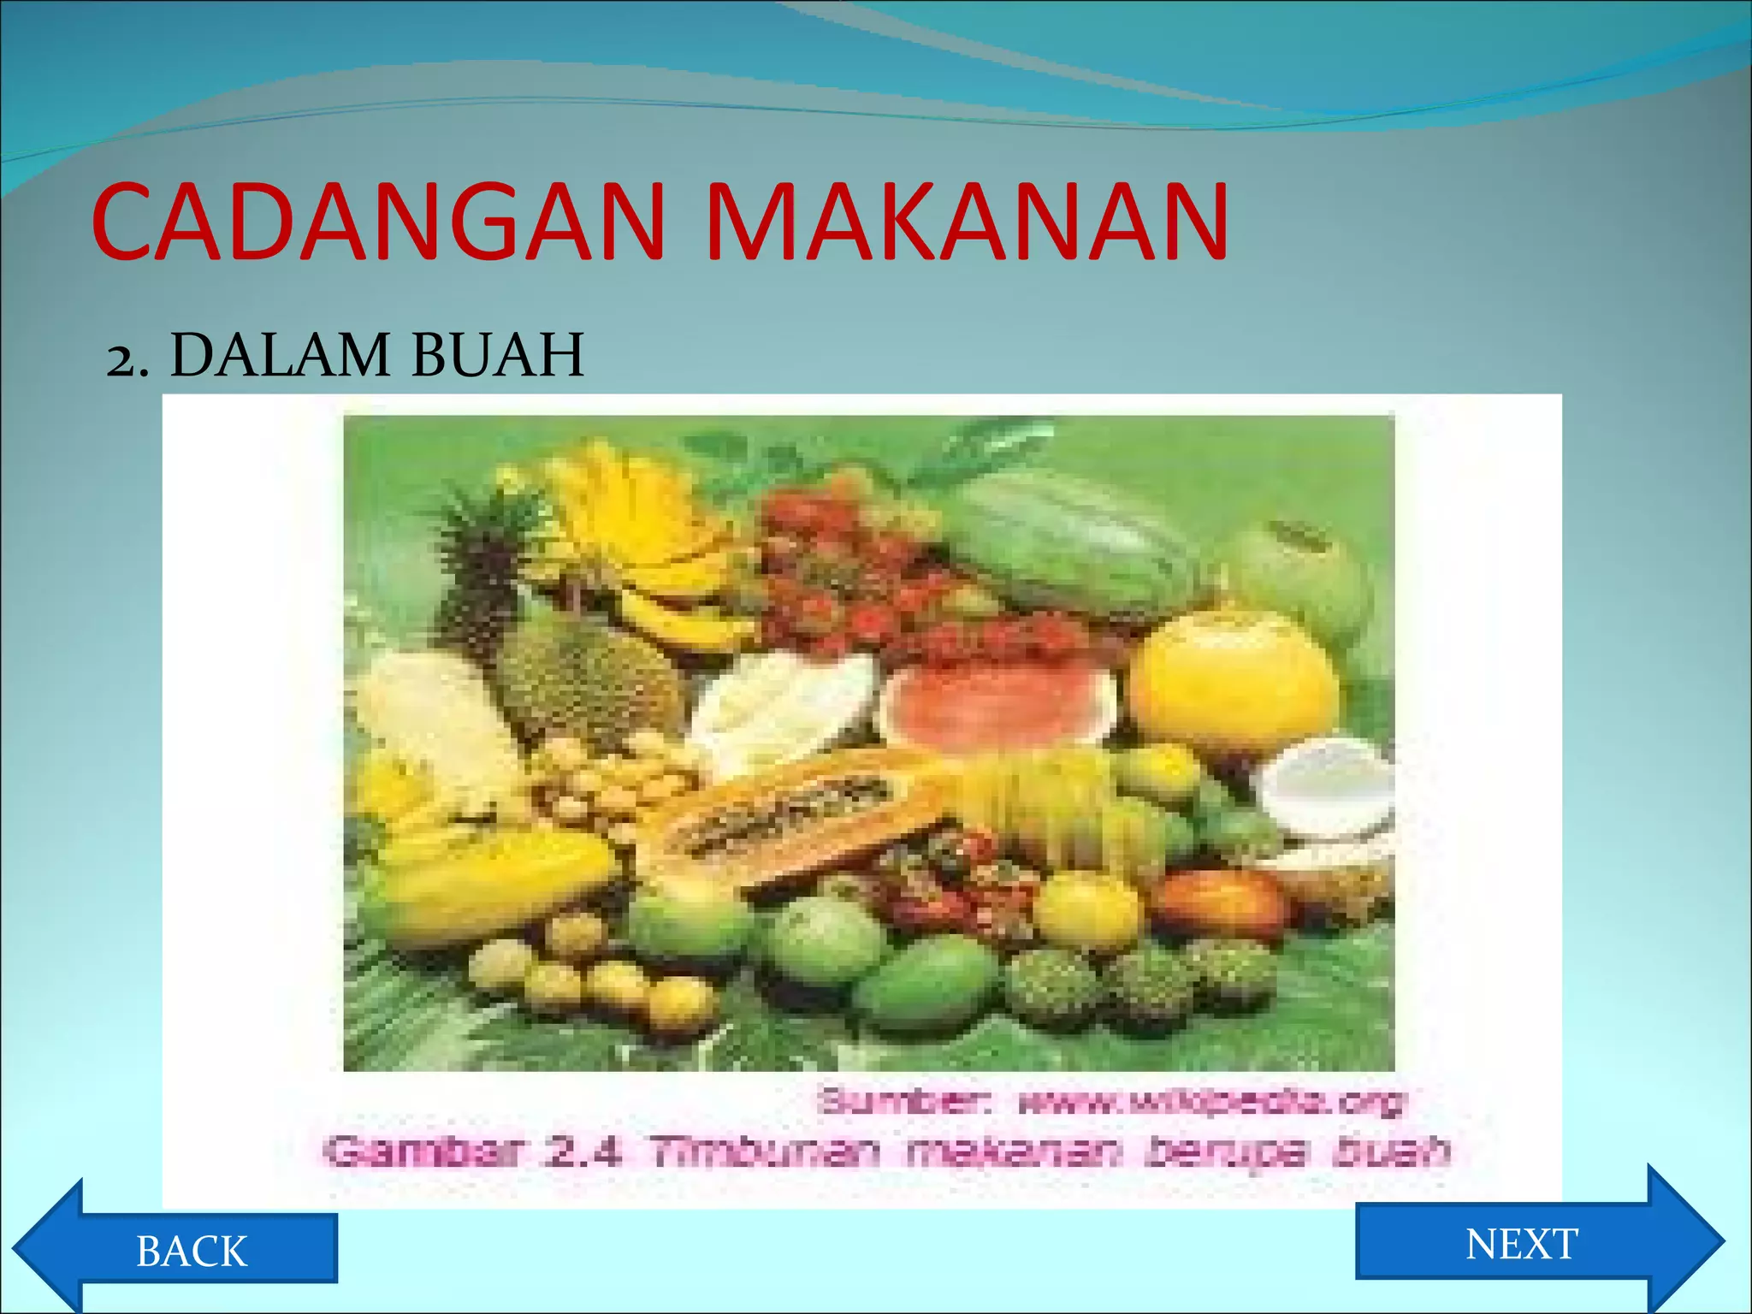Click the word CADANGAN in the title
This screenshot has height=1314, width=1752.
(x=376, y=222)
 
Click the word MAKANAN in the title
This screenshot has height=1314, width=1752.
(x=967, y=222)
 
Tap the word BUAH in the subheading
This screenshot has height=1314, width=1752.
(x=497, y=355)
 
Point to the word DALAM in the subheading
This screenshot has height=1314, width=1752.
(x=280, y=355)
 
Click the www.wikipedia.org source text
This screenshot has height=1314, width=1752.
(x=1210, y=1102)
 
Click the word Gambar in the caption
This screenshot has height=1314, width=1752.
(x=424, y=1151)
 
